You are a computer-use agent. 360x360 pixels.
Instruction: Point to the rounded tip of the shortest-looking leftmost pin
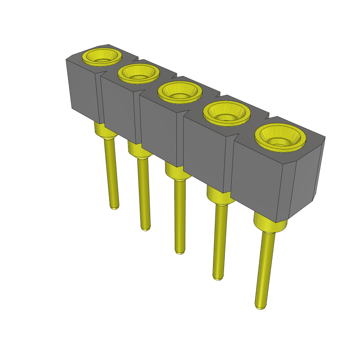[x=114, y=207]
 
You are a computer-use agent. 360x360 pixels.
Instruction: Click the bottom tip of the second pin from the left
[x=146, y=229]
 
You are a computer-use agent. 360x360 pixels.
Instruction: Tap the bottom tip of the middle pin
[x=180, y=252]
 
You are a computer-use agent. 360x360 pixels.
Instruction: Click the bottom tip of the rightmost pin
[x=260, y=307]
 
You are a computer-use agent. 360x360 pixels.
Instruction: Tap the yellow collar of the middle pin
[x=174, y=173]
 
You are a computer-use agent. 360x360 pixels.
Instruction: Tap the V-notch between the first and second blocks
[x=101, y=74]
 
